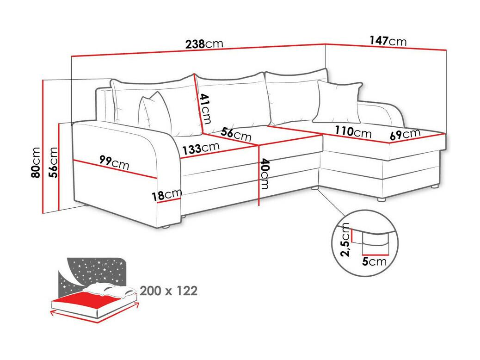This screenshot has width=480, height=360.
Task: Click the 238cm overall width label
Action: [x=204, y=44]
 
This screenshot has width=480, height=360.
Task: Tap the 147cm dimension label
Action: [x=388, y=41]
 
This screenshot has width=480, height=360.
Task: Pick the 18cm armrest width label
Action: [x=166, y=194]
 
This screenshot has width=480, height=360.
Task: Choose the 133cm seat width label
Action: [x=200, y=149]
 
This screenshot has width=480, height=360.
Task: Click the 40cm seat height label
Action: [x=265, y=174]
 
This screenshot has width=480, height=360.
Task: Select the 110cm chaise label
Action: [x=353, y=132]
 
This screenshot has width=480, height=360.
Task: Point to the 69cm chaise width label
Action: [x=405, y=135]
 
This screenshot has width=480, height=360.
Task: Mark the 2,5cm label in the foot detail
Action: [x=345, y=239]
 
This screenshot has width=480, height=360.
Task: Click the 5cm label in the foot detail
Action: [x=374, y=262]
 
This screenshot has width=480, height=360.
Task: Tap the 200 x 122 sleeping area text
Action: [x=168, y=291]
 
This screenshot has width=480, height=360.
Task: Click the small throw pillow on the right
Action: [x=338, y=101]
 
